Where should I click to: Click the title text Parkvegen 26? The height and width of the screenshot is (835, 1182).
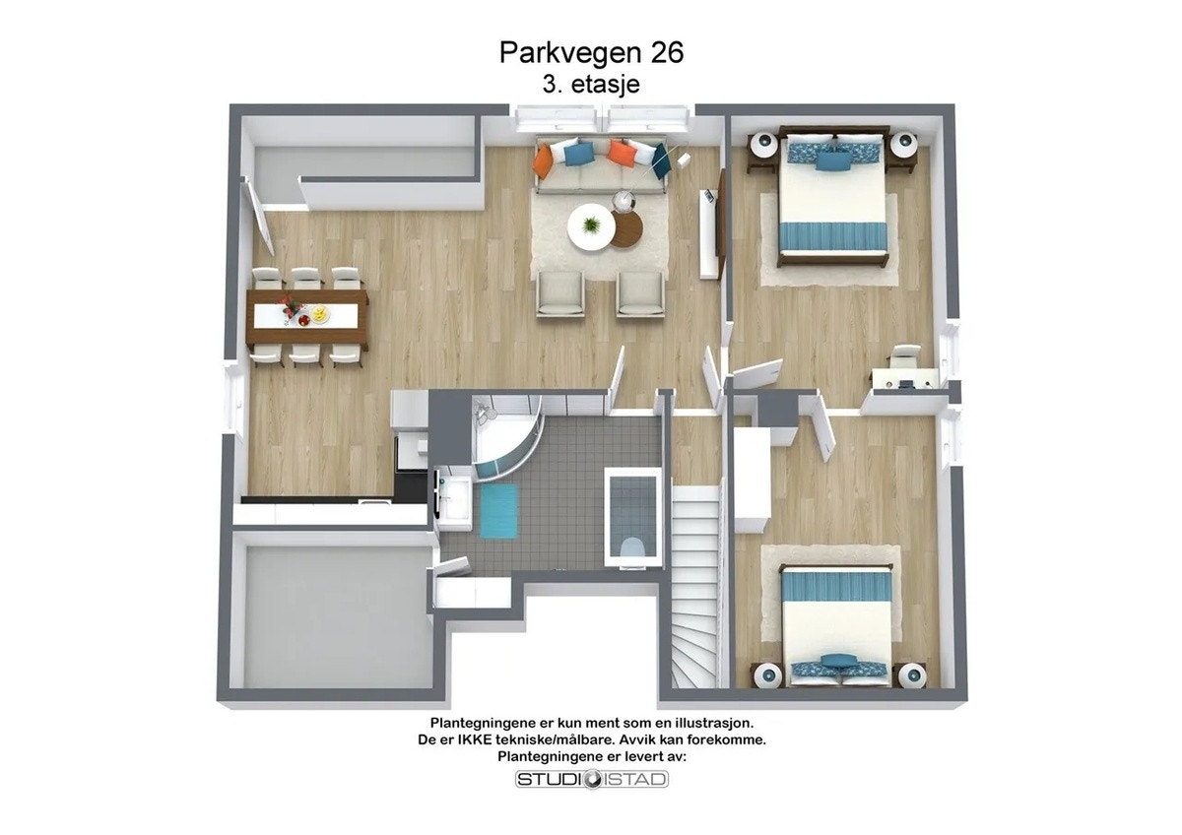pyautogui.click(x=591, y=52)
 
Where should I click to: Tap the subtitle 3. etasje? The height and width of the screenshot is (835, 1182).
pyautogui.click(x=591, y=85)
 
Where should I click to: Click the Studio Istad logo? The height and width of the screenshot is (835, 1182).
pyautogui.click(x=592, y=780)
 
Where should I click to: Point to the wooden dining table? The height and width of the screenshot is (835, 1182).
pyautogui.click(x=306, y=315)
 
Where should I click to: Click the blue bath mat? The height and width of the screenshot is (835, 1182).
pyautogui.click(x=498, y=510)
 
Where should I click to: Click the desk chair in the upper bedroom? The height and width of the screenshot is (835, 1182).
pyautogui.click(x=904, y=356)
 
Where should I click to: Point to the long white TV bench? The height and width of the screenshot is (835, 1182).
pyautogui.click(x=708, y=233)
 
